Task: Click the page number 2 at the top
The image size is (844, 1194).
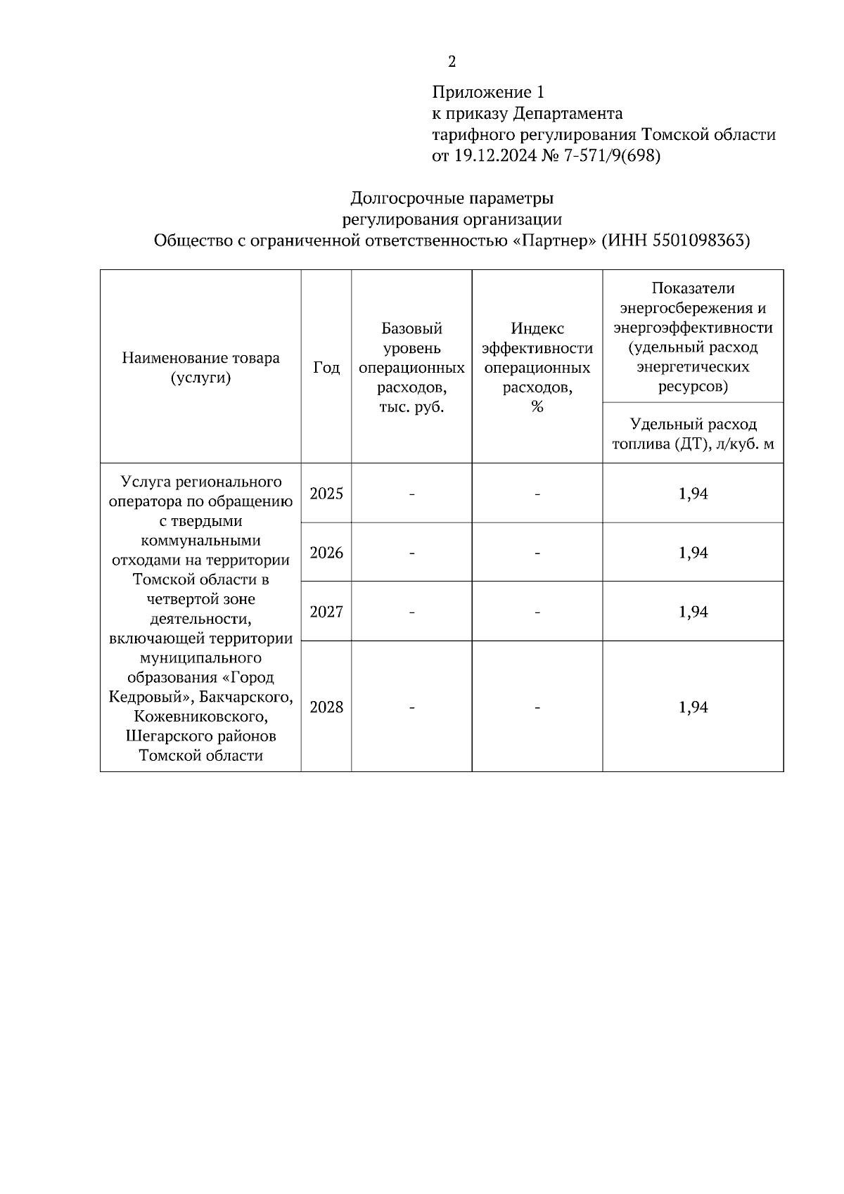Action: (x=452, y=62)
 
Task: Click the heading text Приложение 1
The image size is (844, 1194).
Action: (x=488, y=92)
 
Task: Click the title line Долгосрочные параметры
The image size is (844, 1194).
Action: (x=452, y=198)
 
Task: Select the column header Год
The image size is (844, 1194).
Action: (x=326, y=367)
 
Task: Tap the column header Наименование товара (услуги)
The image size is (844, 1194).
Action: (x=200, y=367)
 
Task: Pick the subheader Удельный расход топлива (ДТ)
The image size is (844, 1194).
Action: (x=693, y=434)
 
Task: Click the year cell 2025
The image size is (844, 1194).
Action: (x=326, y=494)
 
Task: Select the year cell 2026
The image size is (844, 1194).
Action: (x=326, y=553)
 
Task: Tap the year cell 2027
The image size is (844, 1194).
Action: (x=326, y=612)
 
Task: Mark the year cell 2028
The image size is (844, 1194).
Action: (x=326, y=707)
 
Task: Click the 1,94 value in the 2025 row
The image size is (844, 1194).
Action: (x=693, y=494)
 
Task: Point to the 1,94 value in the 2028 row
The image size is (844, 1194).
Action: (x=693, y=707)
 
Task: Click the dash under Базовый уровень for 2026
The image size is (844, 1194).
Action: (x=411, y=553)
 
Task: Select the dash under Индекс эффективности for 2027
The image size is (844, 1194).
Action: (x=537, y=612)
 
